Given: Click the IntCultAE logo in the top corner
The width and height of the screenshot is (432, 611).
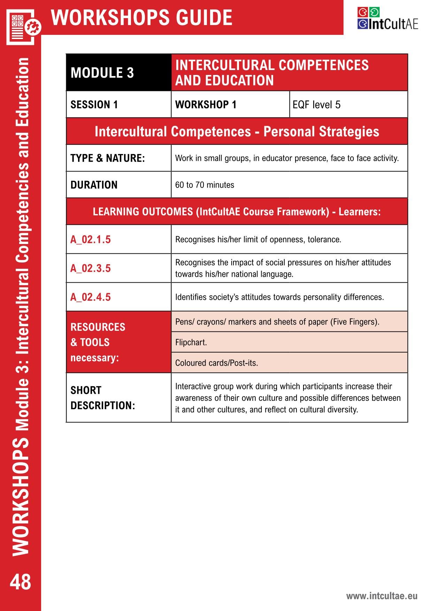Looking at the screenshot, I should (387, 19).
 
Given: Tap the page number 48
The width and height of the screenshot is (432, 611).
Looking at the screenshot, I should (20, 582).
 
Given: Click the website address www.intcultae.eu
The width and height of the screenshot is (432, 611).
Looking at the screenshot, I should (381, 596).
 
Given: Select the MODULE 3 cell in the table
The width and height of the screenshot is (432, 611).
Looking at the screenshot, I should (102, 73).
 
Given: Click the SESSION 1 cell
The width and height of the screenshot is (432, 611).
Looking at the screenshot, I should (94, 105).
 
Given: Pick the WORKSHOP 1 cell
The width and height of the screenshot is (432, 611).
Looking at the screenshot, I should (206, 105).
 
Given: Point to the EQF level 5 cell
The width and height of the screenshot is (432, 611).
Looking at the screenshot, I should (316, 105).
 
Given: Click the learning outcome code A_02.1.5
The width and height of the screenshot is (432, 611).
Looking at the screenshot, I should (91, 239).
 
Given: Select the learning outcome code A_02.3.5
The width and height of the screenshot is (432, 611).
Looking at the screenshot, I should (91, 268).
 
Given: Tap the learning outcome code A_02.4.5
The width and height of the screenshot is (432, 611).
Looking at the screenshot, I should (91, 297).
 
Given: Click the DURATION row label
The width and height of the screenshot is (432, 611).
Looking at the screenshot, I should (94, 185).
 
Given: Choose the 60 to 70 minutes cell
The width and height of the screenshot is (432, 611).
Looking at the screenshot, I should (205, 185).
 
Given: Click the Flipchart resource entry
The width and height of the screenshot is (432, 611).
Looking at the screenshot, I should (191, 342).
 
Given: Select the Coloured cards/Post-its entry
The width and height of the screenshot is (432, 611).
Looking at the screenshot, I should (216, 363).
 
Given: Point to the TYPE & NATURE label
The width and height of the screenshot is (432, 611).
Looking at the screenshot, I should (107, 158).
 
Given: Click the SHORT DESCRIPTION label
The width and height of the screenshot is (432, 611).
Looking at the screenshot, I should (102, 398).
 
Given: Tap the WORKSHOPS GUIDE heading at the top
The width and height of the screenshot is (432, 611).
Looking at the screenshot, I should (141, 17).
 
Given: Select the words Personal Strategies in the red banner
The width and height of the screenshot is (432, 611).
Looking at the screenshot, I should (321, 132).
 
